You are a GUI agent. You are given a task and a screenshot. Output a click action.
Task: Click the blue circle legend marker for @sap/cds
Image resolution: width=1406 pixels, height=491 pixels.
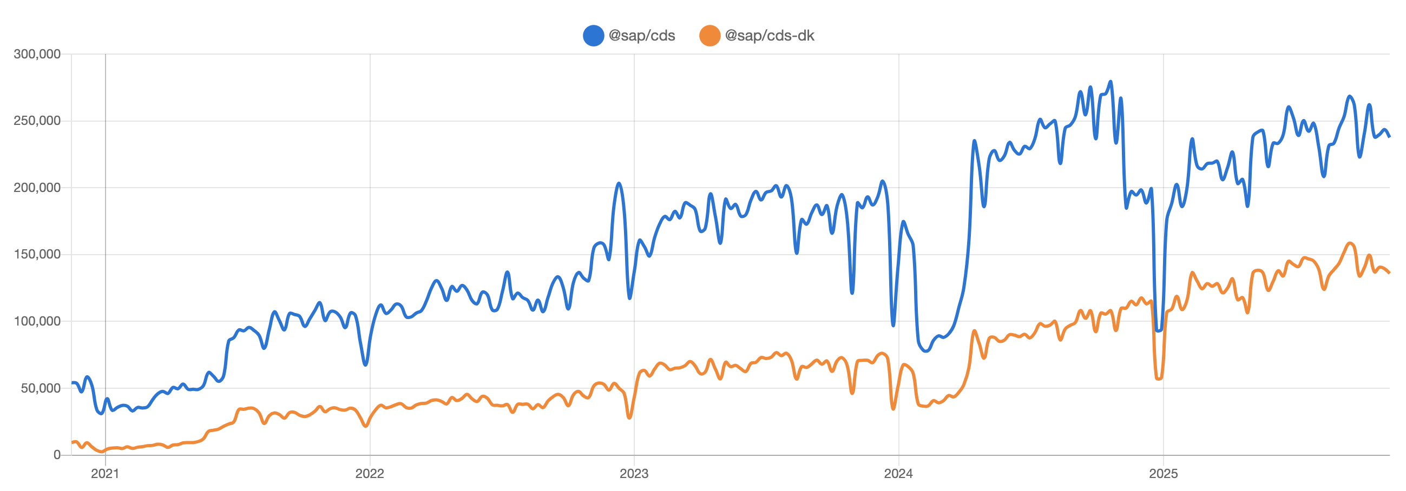[x=593, y=36]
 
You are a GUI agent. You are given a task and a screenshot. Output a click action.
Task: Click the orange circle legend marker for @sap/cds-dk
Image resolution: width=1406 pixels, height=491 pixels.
[x=709, y=36]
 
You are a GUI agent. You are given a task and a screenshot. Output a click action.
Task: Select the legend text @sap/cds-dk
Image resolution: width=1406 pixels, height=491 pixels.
[x=769, y=36]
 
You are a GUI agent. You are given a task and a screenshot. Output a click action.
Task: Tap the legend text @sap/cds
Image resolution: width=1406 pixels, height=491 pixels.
[x=641, y=36]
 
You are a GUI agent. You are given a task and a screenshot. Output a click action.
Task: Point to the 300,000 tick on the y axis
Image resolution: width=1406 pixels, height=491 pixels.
[x=37, y=54]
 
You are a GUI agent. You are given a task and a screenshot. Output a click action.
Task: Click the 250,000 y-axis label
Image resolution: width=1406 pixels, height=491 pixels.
[x=37, y=121]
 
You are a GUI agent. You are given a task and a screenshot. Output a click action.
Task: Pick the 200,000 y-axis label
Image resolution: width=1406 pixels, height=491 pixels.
[x=37, y=188]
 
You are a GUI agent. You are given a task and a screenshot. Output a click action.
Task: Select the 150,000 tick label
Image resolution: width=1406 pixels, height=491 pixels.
[x=37, y=254]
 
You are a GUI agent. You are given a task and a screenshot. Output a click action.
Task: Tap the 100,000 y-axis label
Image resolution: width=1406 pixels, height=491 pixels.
[x=37, y=321]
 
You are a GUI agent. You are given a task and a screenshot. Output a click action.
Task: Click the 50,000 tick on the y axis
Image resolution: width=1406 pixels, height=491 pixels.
[x=41, y=388]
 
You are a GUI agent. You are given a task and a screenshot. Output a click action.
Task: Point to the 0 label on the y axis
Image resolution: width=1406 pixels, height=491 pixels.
[x=57, y=454]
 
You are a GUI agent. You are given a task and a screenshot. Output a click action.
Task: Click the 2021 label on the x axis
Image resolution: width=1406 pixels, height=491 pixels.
[x=105, y=474]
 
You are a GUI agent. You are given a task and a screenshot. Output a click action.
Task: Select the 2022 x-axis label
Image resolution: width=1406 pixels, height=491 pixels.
[x=370, y=474]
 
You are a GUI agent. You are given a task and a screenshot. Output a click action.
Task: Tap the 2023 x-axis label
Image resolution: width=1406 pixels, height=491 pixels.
[x=634, y=474]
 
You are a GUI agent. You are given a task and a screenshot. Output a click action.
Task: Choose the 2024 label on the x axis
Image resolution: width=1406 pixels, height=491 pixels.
[x=898, y=474]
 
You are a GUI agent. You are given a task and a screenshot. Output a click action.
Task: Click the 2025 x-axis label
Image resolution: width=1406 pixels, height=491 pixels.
[x=1163, y=474]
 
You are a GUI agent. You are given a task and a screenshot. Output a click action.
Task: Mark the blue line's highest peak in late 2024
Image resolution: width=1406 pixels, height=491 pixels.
[x=1110, y=82]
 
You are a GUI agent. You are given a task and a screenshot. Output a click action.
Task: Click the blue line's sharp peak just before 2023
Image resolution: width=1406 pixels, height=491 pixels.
[x=619, y=183]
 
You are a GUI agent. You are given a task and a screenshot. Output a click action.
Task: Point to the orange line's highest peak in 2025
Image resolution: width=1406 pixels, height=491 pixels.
[x=1350, y=243]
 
